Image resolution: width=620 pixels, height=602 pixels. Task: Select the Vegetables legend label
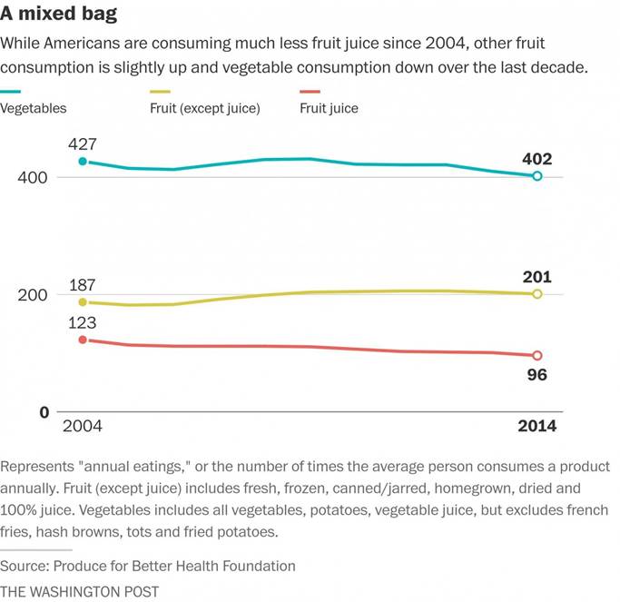coord(34,108)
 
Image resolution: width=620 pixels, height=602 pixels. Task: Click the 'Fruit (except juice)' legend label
coord(205,108)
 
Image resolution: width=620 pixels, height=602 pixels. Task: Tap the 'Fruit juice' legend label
coord(329,108)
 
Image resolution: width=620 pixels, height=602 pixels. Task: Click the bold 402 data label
coord(537,159)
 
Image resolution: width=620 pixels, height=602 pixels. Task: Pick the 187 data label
coord(83,286)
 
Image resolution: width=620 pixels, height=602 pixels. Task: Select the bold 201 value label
coord(537,277)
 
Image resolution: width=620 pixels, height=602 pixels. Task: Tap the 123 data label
coord(83,322)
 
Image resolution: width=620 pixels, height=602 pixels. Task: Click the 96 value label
coord(537,373)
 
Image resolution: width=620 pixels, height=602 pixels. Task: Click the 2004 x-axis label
coord(82,428)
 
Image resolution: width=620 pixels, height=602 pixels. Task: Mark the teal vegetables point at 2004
coord(83,162)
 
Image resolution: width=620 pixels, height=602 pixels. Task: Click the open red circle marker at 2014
coord(537,355)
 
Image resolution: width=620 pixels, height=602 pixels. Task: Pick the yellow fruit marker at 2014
coord(537,294)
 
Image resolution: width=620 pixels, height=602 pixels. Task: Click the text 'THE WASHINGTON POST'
coord(80,591)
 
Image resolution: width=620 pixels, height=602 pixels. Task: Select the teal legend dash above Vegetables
coord(12,92)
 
